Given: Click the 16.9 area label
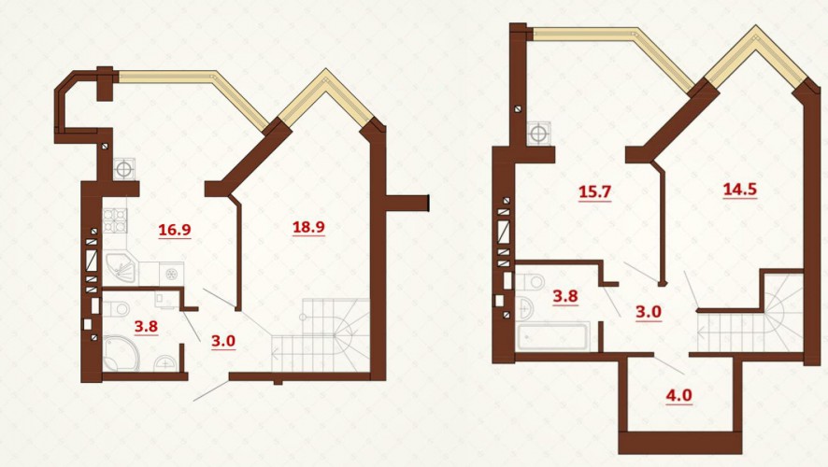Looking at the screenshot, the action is (x=174, y=230).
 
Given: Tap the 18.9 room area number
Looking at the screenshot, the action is (x=308, y=227).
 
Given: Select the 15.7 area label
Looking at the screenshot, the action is (x=594, y=191).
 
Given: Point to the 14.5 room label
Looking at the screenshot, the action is (x=739, y=189).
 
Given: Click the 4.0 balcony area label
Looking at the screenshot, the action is (x=678, y=395).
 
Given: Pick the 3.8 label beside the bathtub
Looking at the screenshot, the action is (x=565, y=297).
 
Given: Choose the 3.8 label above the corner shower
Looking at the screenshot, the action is (x=146, y=327).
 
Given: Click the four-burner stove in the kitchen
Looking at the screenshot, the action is (x=116, y=220).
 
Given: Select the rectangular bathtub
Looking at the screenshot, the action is (x=551, y=336).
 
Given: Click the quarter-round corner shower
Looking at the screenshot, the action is (x=120, y=352).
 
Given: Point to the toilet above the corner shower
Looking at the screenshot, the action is (x=115, y=307).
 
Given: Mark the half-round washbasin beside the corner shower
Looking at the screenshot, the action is (x=164, y=363).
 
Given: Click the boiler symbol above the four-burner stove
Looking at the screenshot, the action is (x=123, y=169).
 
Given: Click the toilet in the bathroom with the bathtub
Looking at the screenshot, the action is (x=530, y=281).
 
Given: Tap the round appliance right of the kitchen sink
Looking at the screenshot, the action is (x=171, y=274).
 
